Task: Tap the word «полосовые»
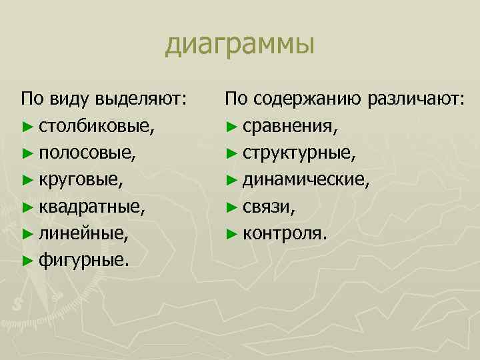point(87,153)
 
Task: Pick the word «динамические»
point(305,179)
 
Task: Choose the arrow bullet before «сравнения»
point(231,126)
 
